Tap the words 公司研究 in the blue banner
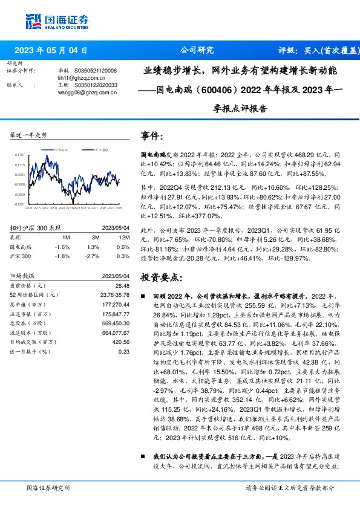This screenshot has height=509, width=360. click(x=197, y=50)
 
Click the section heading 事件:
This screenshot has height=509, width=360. click(x=152, y=135)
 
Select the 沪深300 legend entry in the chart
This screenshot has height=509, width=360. click(x=97, y=149)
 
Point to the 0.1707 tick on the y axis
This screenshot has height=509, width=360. click(x=20, y=155)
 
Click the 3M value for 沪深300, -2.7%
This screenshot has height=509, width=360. click(x=92, y=256)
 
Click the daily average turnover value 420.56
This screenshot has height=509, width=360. click(x=120, y=342)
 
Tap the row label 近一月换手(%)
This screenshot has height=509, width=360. click(x=30, y=351)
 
